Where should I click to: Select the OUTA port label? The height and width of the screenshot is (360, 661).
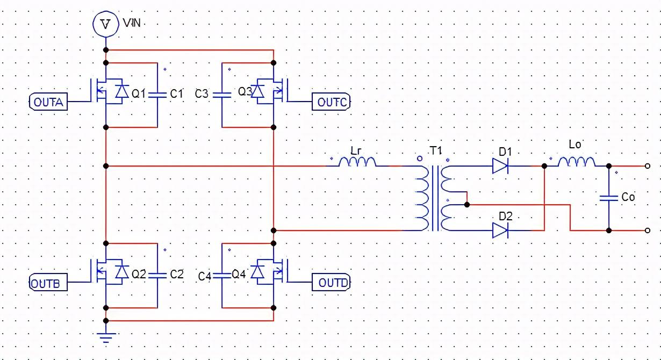48,102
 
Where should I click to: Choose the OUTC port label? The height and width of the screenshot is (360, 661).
332,102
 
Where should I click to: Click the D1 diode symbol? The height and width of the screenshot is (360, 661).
500,166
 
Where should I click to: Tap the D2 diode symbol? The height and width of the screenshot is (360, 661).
500,231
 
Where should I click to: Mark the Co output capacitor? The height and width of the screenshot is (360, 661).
609,198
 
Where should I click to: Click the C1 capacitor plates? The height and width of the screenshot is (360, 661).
157,95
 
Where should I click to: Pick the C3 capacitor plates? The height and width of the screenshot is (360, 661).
222,95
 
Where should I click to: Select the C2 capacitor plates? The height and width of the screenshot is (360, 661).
157,275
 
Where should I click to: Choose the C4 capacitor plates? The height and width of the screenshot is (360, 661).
222,275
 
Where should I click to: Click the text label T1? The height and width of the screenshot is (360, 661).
435,152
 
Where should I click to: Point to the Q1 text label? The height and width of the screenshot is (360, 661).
138,94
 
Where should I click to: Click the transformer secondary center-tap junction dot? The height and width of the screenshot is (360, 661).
467,205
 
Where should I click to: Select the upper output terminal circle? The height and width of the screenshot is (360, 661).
648,166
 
